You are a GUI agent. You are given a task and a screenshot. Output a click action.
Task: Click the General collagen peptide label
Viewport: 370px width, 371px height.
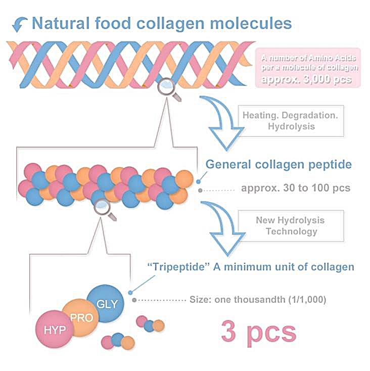pyautogui.click(x=279, y=165)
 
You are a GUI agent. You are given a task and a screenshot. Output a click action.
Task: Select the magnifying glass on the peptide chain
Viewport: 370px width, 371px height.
pyautogui.click(x=103, y=207)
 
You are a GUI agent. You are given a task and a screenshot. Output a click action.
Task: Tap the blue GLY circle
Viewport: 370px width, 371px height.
pyautogui.click(x=106, y=304)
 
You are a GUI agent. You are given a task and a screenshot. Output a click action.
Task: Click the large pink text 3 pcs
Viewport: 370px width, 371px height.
pyautogui.click(x=258, y=331)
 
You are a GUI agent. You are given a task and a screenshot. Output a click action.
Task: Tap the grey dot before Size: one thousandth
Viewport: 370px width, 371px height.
pyautogui.click(x=134, y=299)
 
